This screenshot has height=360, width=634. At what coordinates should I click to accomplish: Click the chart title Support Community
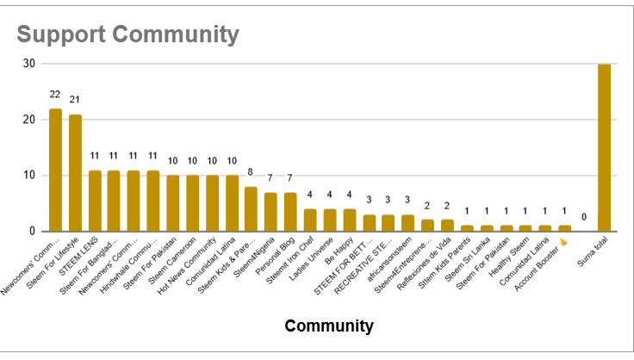click(127, 35)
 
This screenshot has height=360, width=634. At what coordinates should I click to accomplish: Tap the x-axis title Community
click(329, 326)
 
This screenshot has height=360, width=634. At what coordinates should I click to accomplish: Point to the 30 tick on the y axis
click(28, 64)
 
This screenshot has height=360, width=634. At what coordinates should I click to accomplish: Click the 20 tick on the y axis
click(28, 120)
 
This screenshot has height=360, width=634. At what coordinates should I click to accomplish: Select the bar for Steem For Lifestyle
click(75, 172)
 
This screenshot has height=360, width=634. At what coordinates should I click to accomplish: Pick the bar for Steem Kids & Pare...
click(251, 208)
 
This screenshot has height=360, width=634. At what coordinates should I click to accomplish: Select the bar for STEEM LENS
click(95, 201)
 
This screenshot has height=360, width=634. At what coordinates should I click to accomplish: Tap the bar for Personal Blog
click(290, 212)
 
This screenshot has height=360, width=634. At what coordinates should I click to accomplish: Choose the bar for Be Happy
click(349, 220)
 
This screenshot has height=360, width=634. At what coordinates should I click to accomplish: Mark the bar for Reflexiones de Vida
click(447, 225)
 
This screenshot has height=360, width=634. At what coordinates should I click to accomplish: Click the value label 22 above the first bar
click(55, 96)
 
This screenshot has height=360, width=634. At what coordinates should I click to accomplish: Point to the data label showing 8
click(251, 172)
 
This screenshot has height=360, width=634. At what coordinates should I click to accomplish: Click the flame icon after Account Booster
click(565, 243)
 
